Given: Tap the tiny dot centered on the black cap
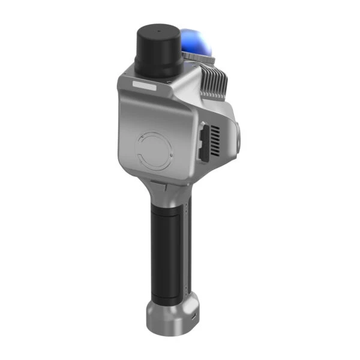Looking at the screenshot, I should tap(158, 29).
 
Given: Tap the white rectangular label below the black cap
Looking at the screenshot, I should tap(145, 86).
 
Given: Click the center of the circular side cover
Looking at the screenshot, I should tap(154, 150).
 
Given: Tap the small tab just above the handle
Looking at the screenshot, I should tap(155, 182).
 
